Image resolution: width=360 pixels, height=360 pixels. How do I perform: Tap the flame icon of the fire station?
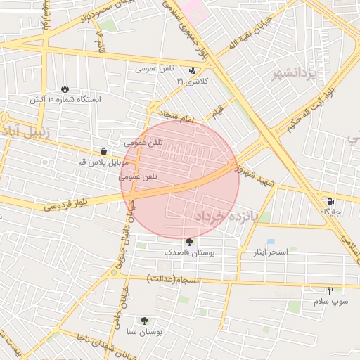click(x=65, y=89)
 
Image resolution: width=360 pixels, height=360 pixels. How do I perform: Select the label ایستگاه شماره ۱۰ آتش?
click(x=65, y=100)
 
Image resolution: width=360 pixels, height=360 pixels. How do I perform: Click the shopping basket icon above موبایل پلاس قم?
click(x=103, y=151)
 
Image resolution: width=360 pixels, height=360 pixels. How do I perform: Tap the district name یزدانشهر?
click(x=296, y=73)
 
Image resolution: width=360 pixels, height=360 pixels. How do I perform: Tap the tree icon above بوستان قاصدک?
click(x=188, y=242)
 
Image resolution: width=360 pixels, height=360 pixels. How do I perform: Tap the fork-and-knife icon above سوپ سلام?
click(x=330, y=290)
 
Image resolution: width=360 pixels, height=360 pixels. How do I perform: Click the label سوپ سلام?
click(x=330, y=301)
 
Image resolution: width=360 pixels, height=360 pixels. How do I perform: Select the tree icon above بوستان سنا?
click(x=145, y=320)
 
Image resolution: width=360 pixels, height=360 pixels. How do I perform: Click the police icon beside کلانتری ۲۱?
click(x=192, y=70)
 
